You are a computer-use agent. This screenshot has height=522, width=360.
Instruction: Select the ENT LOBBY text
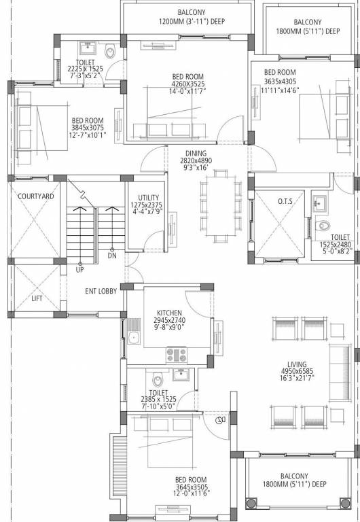click(x=101, y=291)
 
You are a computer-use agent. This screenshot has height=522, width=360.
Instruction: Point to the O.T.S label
click(x=285, y=201)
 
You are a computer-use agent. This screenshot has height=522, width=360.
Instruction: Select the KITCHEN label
click(x=168, y=313)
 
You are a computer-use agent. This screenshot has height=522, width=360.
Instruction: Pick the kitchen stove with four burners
click(x=177, y=353)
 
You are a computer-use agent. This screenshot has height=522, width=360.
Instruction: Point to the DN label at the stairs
click(x=111, y=256)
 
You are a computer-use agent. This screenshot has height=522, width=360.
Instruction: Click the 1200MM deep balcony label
click(x=192, y=21)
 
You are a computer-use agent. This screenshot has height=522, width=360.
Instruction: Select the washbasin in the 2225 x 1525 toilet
click(x=87, y=48)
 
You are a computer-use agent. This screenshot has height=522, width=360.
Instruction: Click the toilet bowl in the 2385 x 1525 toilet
click(x=158, y=380)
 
